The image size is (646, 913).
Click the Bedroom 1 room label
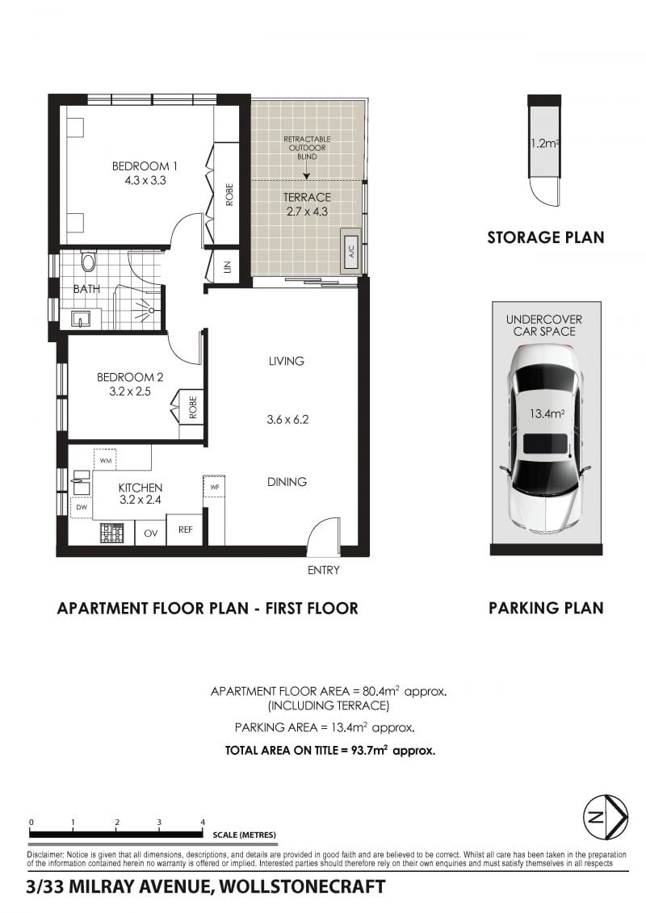pos(145,166)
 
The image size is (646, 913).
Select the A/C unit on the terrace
pos(351,252)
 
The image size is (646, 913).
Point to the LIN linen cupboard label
pos(227,266)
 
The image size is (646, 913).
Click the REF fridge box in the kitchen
pos(185,530)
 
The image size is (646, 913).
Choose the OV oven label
pos(151,533)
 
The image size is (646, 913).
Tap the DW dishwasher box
pos(82,508)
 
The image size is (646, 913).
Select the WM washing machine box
pos(105,460)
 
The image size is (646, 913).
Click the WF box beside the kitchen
pos(214,486)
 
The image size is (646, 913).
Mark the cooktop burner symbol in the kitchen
pos(112,533)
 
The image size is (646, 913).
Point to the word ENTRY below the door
pos(323,570)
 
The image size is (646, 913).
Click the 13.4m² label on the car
pos(547,414)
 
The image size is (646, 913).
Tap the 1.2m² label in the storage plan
pos(544,143)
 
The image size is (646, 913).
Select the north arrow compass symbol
pos(606,817)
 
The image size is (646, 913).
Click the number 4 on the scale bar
pos(203,822)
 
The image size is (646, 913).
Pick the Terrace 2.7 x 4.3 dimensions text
pos(307,211)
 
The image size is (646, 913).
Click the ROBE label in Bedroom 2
pos(193,407)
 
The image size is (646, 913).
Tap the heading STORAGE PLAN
pos(546,237)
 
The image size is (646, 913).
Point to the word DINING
pos(287,482)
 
